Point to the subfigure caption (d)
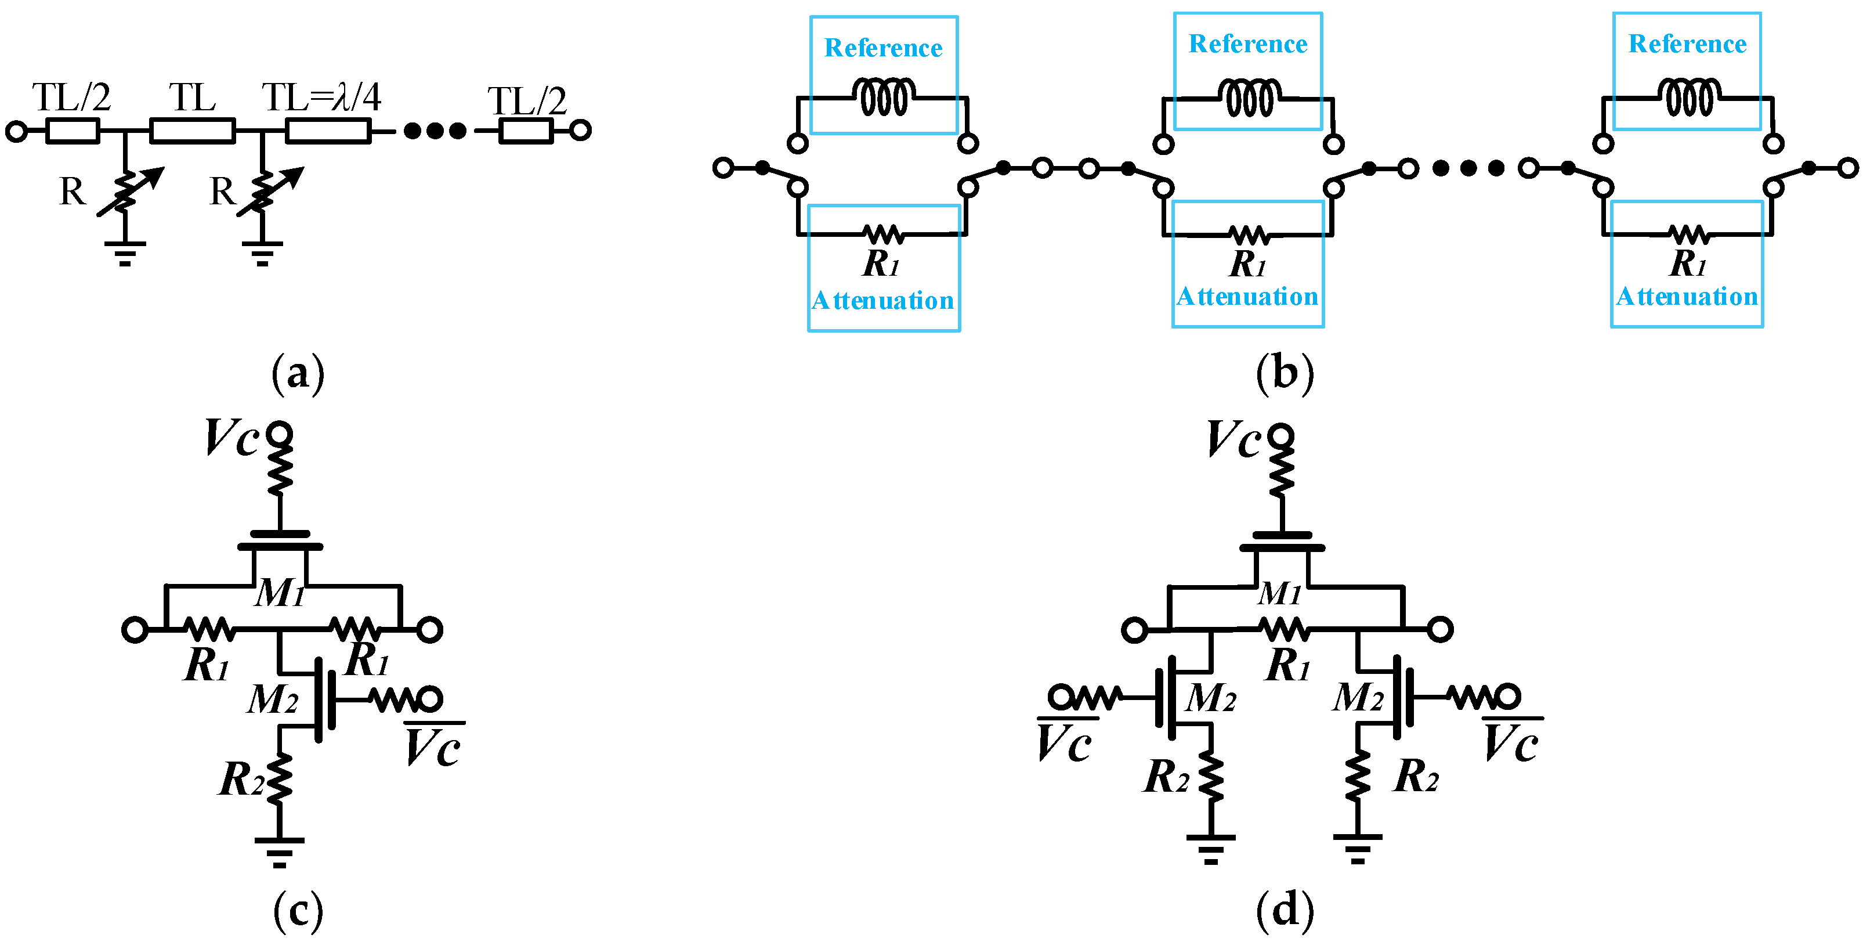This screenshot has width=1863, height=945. tap(1285, 910)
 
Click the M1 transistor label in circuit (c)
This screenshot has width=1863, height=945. tap(280, 593)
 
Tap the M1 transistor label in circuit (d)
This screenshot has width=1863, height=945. tap(1279, 594)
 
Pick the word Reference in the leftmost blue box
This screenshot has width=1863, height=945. tap(883, 49)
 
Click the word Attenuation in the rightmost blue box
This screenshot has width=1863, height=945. tap(1687, 297)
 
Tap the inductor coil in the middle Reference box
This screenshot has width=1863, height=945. tap(1249, 98)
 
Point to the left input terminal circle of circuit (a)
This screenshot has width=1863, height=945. tap(16, 132)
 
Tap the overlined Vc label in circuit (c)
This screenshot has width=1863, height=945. tap(432, 746)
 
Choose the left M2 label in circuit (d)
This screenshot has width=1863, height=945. tap(1210, 699)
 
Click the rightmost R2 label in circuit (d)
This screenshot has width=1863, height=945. tap(1415, 777)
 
